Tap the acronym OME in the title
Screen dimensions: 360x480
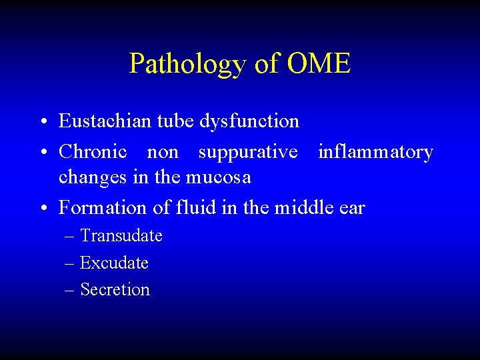(x=318, y=63)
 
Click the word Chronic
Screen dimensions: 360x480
(x=93, y=152)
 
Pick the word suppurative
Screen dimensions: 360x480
(x=247, y=152)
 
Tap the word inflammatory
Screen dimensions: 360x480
(x=375, y=152)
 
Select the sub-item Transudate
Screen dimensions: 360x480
(x=121, y=236)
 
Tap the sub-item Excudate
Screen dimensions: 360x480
(x=114, y=263)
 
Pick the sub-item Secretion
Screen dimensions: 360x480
(x=115, y=289)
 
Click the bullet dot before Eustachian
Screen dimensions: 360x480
(x=42, y=123)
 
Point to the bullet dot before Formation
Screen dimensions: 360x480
(x=42, y=209)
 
